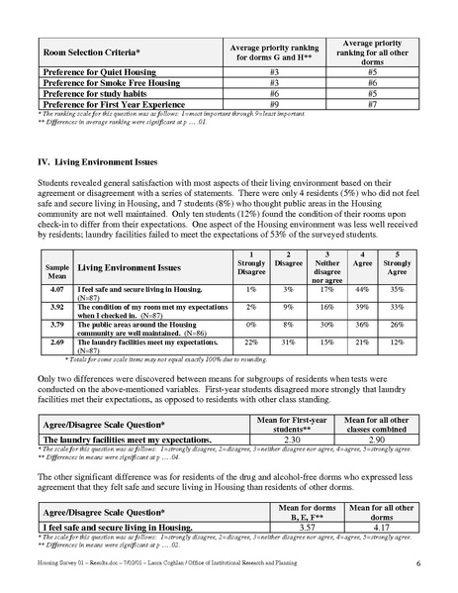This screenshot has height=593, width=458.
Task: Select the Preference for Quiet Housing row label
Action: point(96,71)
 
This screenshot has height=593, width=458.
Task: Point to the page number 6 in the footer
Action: point(419,564)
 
